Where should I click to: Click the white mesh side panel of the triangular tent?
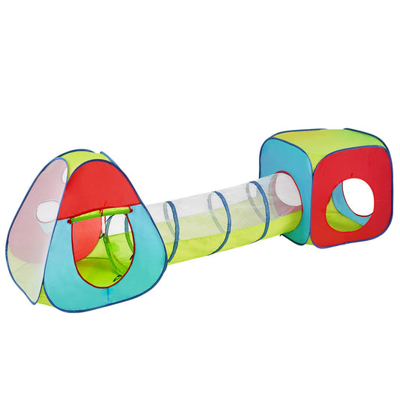pos(34,225)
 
